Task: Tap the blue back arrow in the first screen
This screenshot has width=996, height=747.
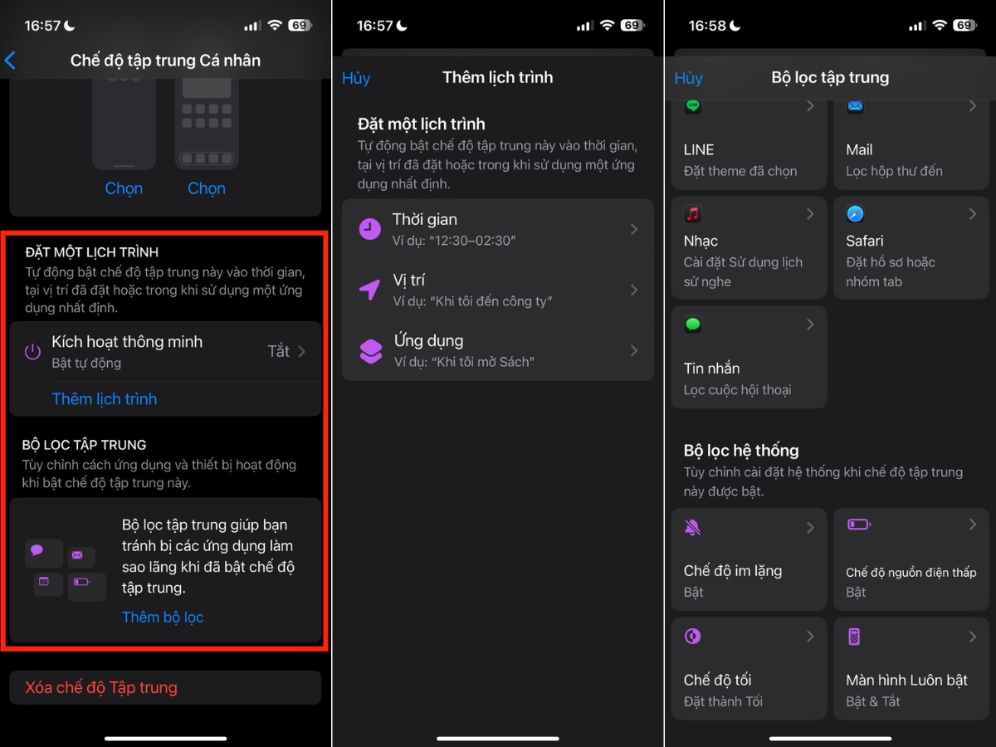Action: coord(10,61)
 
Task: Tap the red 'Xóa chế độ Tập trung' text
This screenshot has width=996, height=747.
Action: coord(101,687)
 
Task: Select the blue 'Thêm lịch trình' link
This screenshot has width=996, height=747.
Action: coord(105,398)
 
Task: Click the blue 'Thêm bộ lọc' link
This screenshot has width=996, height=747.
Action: coord(163,617)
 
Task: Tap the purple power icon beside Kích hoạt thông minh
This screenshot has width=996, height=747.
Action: coord(32,351)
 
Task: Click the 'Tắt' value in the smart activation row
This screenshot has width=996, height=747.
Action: coord(278,351)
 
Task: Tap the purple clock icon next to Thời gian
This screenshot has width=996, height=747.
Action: coord(370,229)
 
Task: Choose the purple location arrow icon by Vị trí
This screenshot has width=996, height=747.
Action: coord(370,290)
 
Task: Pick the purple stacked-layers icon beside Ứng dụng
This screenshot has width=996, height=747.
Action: coord(371,350)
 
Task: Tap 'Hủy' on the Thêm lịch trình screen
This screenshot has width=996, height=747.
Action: coord(356,78)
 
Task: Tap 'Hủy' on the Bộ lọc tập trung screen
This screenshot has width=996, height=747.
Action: coord(688,78)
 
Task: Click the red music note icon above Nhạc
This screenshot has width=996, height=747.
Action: coord(693,213)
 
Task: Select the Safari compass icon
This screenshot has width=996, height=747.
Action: coord(855,213)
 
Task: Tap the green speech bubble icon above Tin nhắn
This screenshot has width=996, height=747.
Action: coord(693,324)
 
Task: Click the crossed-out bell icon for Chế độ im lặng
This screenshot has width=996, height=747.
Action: coord(692,527)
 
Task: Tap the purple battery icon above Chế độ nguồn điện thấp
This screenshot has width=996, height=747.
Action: coord(858,525)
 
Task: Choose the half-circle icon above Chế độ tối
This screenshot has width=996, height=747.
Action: coord(692,636)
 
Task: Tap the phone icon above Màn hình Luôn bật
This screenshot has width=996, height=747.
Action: coord(854,637)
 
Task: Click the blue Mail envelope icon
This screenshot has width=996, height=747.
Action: coord(855,106)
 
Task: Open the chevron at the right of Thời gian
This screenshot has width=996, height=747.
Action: coord(634,229)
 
